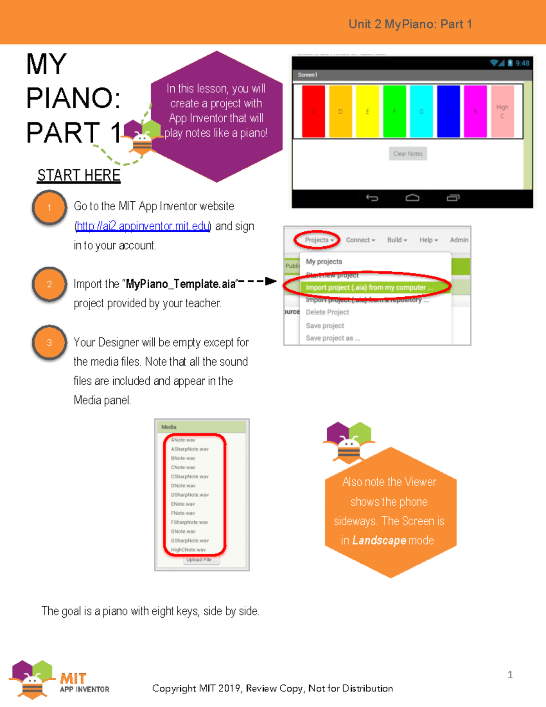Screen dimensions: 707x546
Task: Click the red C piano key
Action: (x=313, y=112)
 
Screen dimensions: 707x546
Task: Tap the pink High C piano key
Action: (x=502, y=112)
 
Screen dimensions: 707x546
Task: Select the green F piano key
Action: (x=394, y=112)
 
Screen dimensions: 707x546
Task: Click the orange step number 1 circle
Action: (x=50, y=208)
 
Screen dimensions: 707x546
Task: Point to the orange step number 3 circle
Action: (x=50, y=343)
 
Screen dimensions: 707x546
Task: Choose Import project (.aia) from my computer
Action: (x=369, y=287)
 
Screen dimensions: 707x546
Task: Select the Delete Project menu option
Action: (x=327, y=312)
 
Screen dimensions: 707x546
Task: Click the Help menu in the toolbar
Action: (x=428, y=240)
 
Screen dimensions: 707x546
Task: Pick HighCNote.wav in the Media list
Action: (x=188, y=550)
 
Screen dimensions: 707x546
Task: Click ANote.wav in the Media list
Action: (x=183, y=440)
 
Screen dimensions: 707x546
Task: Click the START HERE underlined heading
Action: (x=79, y=175)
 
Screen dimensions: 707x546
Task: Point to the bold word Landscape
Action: (x=379, y=540)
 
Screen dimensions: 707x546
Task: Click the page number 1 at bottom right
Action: (x=510, y=675)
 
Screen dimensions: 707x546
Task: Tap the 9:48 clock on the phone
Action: (x=522, y=63)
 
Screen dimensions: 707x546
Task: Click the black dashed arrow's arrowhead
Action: (x=271, y=281)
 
